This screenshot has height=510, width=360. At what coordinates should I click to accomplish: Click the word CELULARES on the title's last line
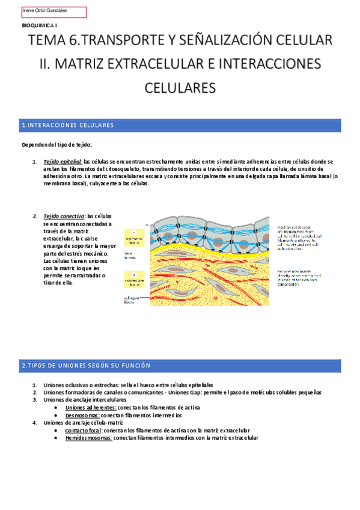[180, 87]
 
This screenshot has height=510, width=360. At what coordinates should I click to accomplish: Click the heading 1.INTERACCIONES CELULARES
[67, 125]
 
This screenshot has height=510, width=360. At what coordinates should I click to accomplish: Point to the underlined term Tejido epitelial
[63, 162]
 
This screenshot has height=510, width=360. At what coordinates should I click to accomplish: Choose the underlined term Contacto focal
[83, 431]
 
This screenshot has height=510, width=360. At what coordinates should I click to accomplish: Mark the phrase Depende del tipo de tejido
[56, 145]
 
